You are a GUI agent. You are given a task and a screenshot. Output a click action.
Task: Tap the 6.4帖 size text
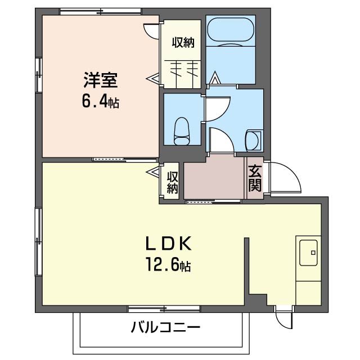pyautogui.click(x=101, y=102)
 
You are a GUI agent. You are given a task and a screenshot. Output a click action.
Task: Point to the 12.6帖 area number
pyautogui.click(x=169, y=265)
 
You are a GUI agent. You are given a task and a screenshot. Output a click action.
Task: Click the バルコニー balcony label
pyautogui.click(x=166, y=327)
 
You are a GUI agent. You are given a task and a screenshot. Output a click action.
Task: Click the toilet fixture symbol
pyautogui.click(x=181, y=131)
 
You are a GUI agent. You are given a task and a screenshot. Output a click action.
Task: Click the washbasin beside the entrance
pyautogui.click(x=253, y=140)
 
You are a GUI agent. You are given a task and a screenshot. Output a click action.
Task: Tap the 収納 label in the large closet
pyautogui.click(x=183, y=43)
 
